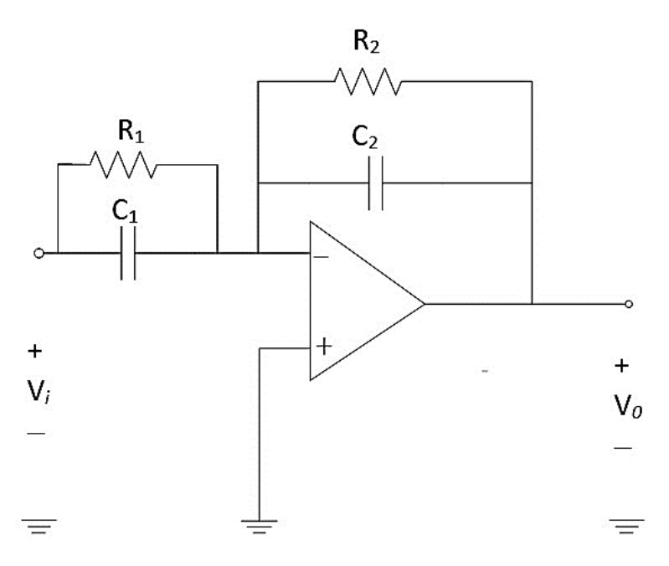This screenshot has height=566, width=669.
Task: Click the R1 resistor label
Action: coord(131,131)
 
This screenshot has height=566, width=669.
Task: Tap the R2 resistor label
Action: coord(366,41)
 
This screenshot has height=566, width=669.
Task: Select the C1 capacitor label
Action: coord(125,211)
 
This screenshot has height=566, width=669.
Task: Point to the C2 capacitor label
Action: coord(365,137)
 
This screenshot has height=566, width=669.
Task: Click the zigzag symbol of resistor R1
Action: coord(123,164)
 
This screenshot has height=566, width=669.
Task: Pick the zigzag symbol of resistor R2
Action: coord(368,81)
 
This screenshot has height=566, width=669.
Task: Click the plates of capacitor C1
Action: coord(128,253)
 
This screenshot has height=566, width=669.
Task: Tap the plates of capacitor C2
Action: coord(375,183)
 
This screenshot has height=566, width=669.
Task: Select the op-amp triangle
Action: coord(367,301)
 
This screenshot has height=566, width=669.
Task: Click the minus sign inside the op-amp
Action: coord(322,257)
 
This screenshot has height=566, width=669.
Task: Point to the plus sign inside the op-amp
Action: coord(324,346)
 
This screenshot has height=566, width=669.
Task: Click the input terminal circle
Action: coord(39,254)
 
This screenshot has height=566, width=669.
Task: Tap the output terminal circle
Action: coord(629,304)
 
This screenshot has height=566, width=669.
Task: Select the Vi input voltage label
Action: coord(39,391)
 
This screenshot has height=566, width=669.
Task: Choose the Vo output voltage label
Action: coord(628,405)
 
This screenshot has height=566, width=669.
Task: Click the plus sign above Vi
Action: coord(35,352)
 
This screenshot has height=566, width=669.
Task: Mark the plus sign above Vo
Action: coord(621,366)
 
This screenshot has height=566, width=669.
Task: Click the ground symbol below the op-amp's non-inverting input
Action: coord(259,527)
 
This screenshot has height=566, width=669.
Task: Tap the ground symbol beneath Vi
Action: coord(39,527)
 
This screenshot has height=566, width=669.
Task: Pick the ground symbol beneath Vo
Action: coord(627,527)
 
